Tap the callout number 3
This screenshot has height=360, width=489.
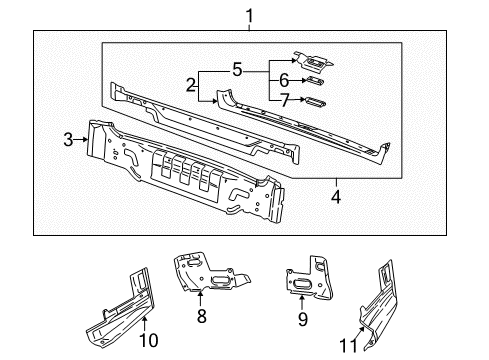click(x=68, y=140)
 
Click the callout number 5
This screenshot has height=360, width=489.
click(x=236, y=70)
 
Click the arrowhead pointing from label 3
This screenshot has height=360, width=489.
click(x=83, y=140)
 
